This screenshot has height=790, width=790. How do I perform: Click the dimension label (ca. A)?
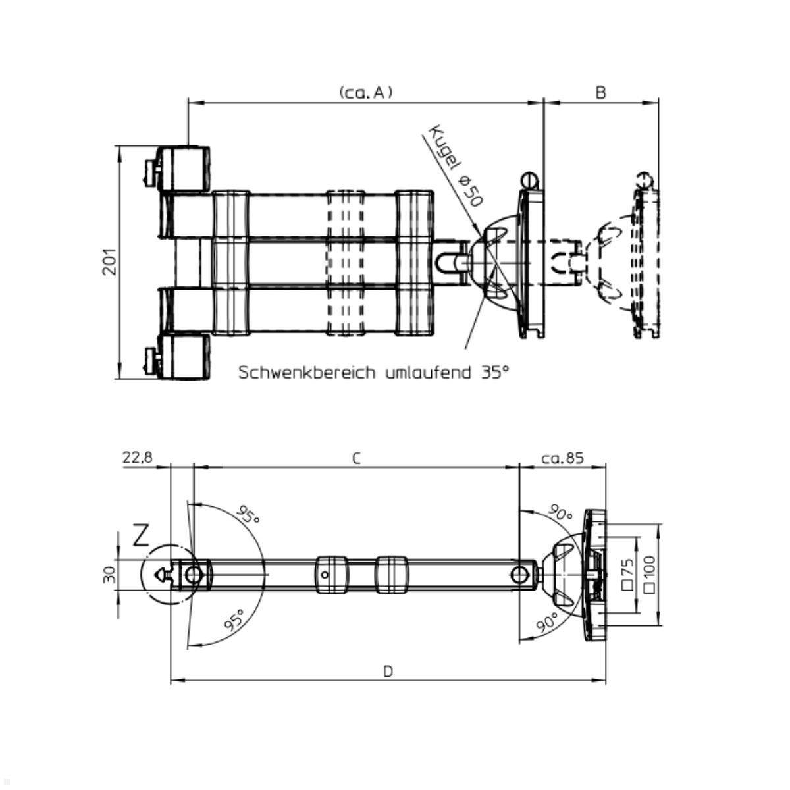pyautogui.click(x=365, y=93)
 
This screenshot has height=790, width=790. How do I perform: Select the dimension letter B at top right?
pyautogui.click(x=600, y=93)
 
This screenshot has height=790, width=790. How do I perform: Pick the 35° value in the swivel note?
pyautogui.click(x=494, y=373)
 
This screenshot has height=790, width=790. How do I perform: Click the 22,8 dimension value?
pyautogui.click(x=137, y=458)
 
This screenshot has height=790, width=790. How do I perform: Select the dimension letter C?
pyautogui.click(x=355, y=458)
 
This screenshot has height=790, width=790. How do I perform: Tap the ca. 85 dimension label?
pyautogui.click(x=562, y=458)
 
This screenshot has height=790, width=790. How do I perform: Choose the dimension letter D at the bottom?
pyautogui.click(x=388, y=671)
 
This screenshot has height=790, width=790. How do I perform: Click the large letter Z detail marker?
pyautogui.click(x=141, y=536)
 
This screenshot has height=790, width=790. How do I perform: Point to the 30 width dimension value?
pyautogui.click(x=109, y=575)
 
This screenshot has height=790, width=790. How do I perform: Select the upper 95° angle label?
pyautogui.click(x=248, y=517)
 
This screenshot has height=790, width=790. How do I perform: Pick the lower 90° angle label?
pyautogui.click(x=547, y=621)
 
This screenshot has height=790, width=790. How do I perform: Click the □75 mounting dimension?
pyautogui.click(x=627, y=574)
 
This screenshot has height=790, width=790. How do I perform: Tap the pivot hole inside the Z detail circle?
pyautogui.click(x=192, y=575)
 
